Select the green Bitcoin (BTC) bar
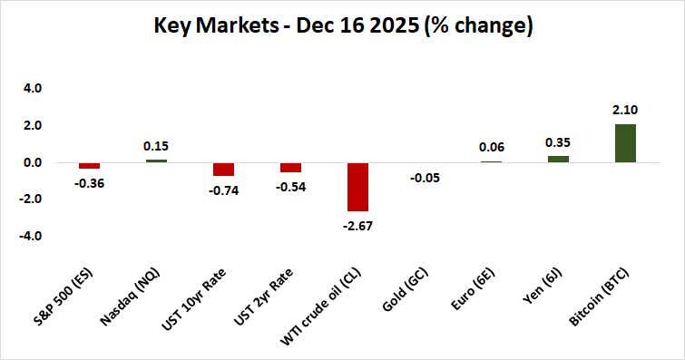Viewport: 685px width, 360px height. click(626, 143)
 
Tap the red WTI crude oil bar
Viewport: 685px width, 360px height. click(357, 187)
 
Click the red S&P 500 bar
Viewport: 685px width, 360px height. click(89, 166)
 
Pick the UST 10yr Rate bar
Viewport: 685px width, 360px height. click(223, 170)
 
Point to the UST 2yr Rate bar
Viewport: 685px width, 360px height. click(290, 168)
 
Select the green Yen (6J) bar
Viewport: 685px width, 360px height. click(559, 159)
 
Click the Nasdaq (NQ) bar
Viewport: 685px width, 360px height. click(156, 161)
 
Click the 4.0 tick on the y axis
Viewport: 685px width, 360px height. click(34, 89)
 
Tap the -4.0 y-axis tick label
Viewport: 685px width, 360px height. click(32, 237)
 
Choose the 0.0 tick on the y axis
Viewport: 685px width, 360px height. click(34, 163)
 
